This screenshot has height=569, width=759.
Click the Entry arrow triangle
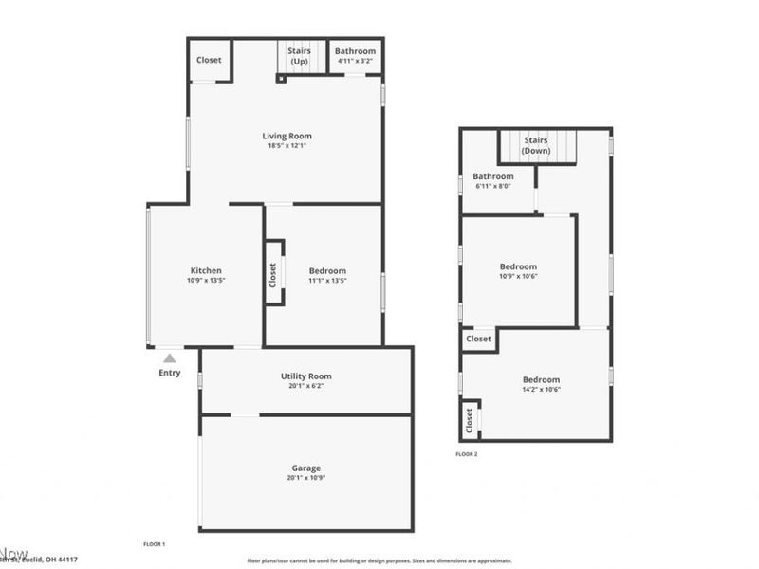tap(169, 358)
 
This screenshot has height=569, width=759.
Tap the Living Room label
tap(287, 136)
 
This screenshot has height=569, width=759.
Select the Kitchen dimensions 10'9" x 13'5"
tap(206, 281)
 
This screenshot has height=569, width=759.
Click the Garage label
tap(305, 468)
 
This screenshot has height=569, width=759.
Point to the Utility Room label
tap(305, 376)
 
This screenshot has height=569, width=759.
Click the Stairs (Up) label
tap(300, 56)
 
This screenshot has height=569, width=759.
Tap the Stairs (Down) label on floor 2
tap(536, 145)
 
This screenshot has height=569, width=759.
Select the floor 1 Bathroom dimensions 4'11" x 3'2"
tap(356, 62)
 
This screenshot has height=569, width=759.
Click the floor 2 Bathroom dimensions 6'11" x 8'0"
tap(493, 186)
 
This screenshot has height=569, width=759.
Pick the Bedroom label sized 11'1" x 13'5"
tap(327, 270)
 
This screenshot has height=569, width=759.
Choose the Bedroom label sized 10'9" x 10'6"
tap(518, 266)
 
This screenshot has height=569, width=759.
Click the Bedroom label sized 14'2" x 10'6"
tap(541, 379)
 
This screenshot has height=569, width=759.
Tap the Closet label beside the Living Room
tap(209, 60)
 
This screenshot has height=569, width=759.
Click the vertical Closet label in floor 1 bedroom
tap(273, 275)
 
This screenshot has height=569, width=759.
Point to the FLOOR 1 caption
tap(154, 544)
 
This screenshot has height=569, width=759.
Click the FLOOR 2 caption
tap(467, 454)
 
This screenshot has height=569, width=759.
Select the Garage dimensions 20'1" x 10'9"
tap(305, 478)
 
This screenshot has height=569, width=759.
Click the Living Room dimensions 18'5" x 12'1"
tap(287, 146)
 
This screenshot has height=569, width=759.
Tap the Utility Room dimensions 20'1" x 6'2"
tap(305, 386)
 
